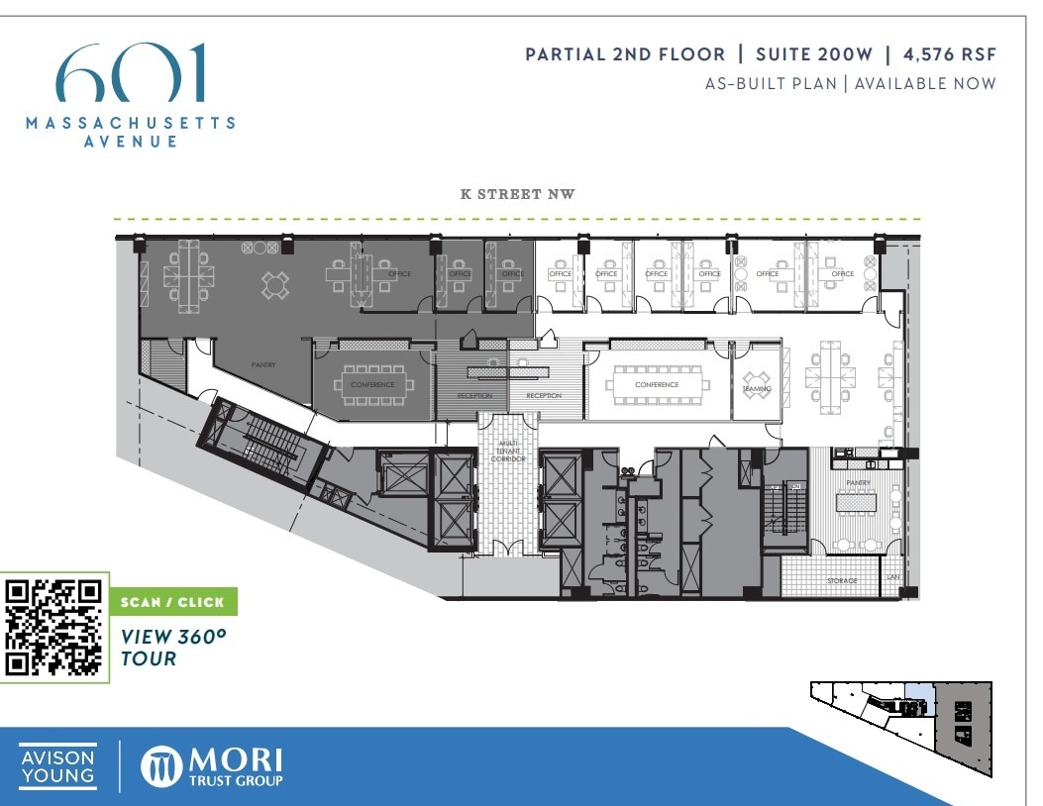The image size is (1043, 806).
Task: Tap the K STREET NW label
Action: [x=517, y=194]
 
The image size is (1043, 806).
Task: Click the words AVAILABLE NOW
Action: [x=925, y=83]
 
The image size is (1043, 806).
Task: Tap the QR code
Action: [x=54, y=627]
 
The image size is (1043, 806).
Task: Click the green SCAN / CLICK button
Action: [x=172, y=602]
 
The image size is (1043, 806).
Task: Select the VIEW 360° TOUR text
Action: [x=166, y=647]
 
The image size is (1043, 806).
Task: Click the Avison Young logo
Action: [x=58, y=766]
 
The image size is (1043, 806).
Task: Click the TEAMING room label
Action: [x=757, y=389]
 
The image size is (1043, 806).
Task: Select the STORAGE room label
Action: [x=842, y=580]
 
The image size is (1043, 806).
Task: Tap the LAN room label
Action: [x=892, y=576]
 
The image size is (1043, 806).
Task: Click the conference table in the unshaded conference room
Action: [x=658, y=384]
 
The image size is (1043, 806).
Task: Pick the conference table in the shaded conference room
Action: [x=371, y=384]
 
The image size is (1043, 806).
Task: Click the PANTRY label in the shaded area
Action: [x=262, y=365]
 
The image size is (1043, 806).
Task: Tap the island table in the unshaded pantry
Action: [x=857, y=503]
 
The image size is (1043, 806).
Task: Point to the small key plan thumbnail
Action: [x=899, y=713]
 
